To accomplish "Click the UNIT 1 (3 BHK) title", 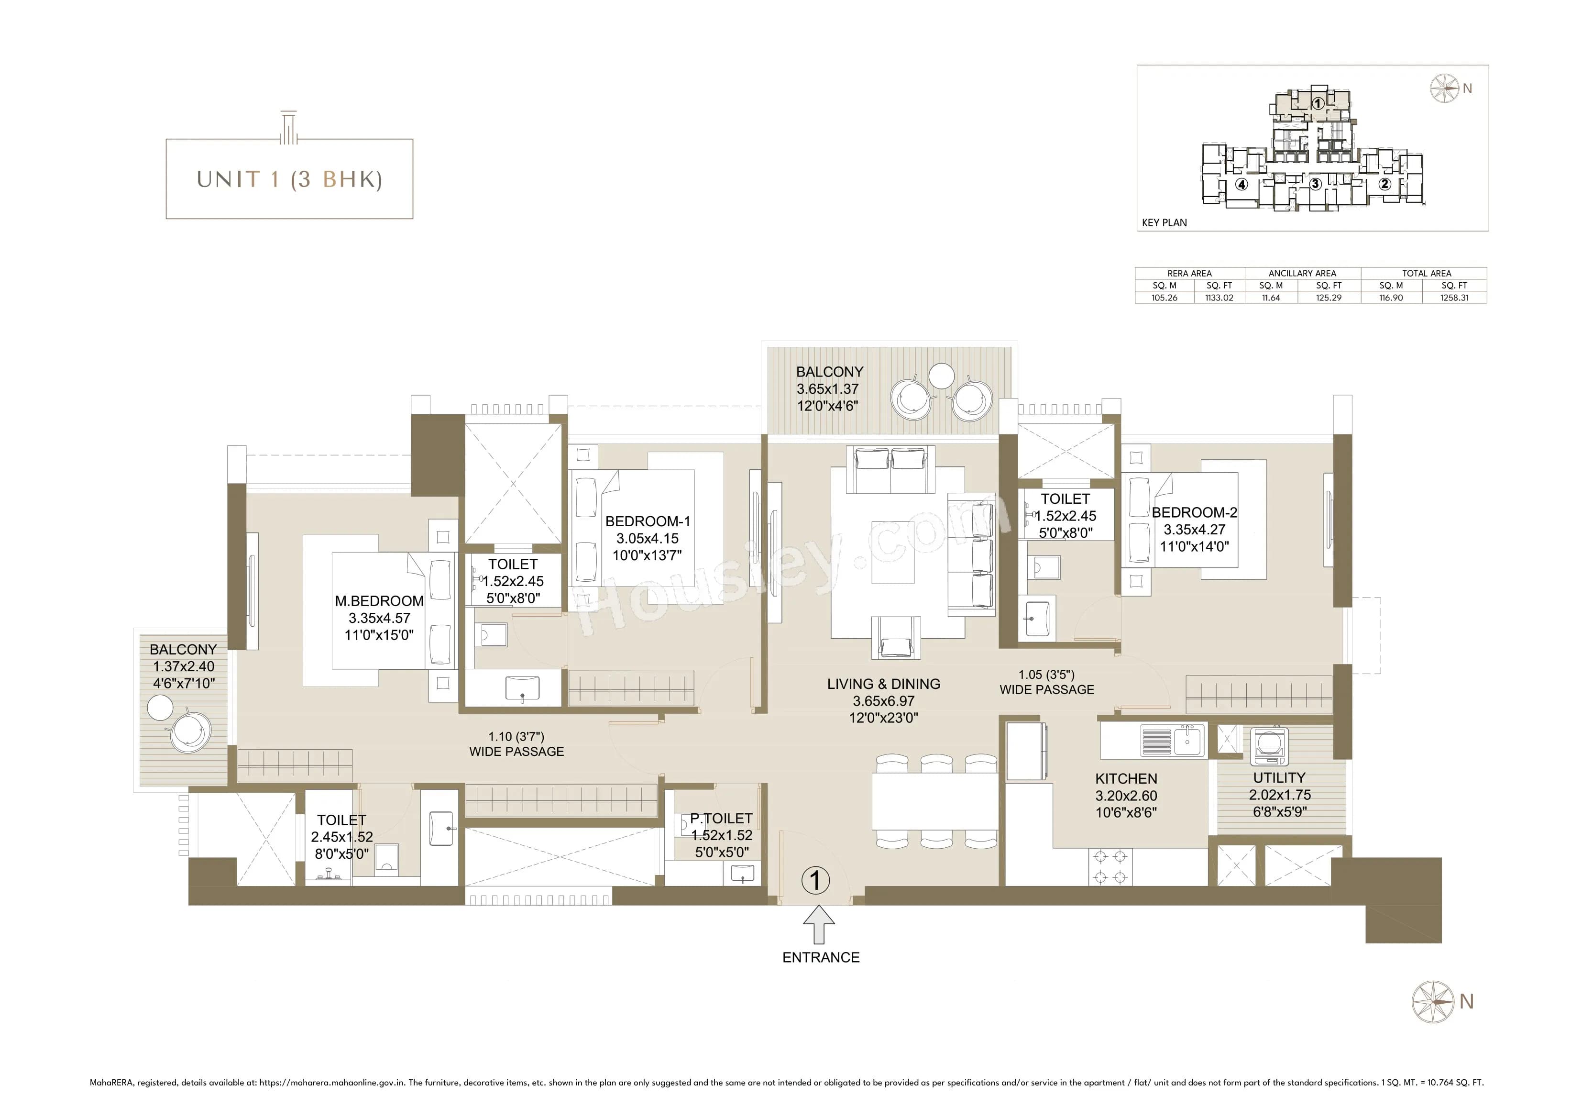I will (289, 179).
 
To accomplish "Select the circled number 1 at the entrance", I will (816, 880).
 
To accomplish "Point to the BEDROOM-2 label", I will (1194, 513).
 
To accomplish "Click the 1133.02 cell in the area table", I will (1219, 298).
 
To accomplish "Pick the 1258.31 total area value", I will (1454, 298).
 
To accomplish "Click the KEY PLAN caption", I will (1165, 222).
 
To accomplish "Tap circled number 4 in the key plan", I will (1241, 184).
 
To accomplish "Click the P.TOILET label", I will (721, 819).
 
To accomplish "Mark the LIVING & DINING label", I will (883, 684).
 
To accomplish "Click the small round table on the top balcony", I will (941, 375).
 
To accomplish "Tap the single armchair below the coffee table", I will (895, 638).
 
